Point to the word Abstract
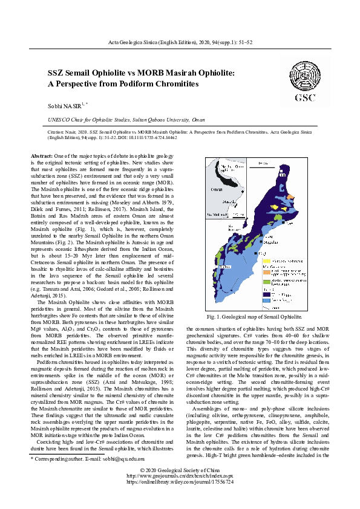pyautogui.click(x=42, y=157)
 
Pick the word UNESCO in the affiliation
pyautogui.click(x=60, y=120)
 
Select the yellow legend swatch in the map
pyautogui.click(x=267, y=261)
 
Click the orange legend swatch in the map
pyautogui.click(x=267, y=270)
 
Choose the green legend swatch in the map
pyautogui.click(x=267, y=280)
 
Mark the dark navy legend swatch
pyautogui.click(x=267, y=293)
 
